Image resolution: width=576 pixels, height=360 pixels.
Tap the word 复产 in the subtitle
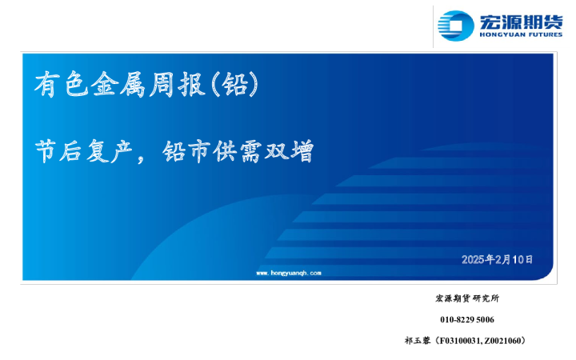click(x=104, y=152)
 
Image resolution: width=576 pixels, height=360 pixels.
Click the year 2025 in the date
click(x=474, y=259)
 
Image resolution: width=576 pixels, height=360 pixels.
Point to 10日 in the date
click(x=523, y=259)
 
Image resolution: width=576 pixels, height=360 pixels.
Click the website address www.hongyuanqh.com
click(x=288, y=273)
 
